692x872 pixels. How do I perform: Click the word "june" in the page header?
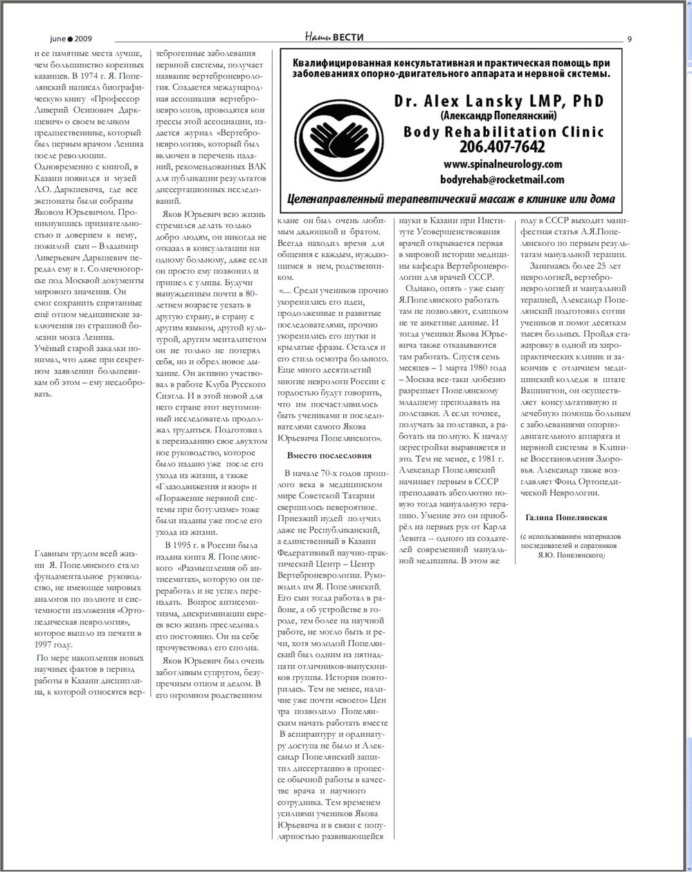point(57,39)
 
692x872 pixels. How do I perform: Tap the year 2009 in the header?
point(84,39)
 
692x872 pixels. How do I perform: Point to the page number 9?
point(629,39)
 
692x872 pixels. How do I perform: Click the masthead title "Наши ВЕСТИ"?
point(334,37)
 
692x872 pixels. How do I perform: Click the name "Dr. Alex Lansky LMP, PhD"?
point(499,101)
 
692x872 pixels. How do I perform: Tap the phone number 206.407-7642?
point(502,147)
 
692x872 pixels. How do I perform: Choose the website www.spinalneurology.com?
point(502,164)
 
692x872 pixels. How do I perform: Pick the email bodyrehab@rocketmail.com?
point(502,179)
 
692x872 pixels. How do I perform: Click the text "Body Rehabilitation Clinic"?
point(504,131)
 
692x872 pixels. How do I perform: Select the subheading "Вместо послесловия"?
point(329,455)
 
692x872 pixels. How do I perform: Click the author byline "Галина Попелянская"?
point(566,517)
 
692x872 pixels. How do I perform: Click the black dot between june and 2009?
point(71,39)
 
